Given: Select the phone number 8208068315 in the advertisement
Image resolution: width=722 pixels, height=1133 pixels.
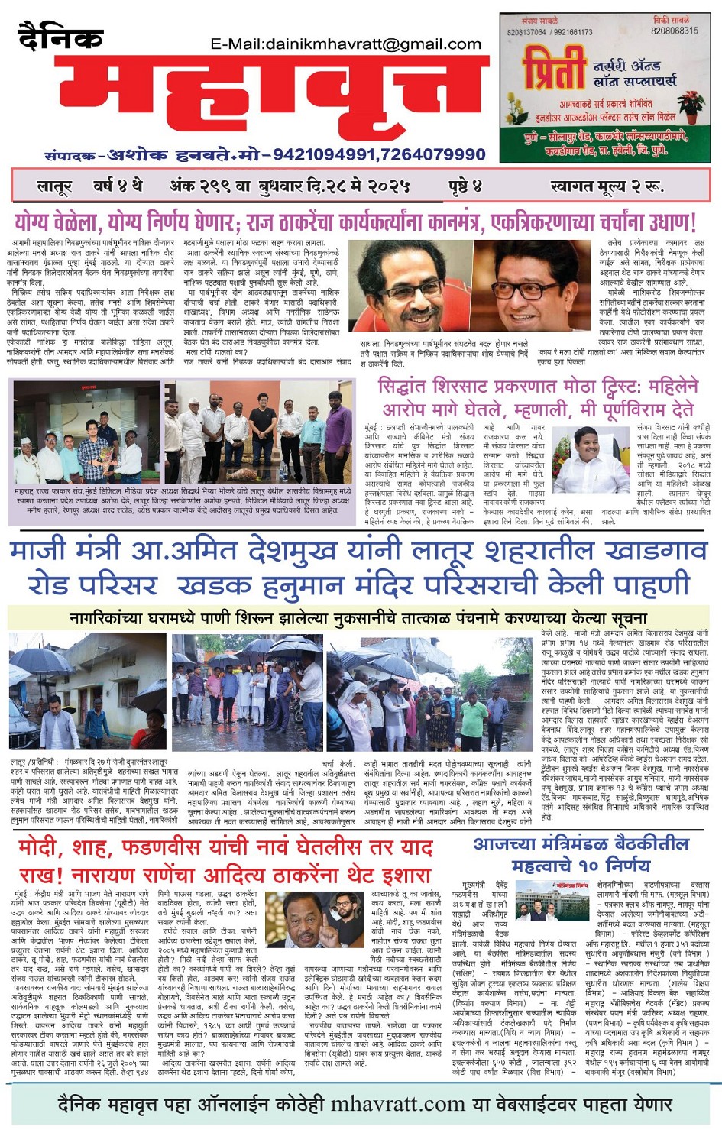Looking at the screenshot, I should tap(675, 31).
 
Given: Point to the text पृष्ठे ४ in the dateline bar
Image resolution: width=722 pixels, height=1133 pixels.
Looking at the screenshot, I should tap(465, 186).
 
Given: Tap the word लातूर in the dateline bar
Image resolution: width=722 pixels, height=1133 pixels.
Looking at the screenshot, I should tap(55, 186).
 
